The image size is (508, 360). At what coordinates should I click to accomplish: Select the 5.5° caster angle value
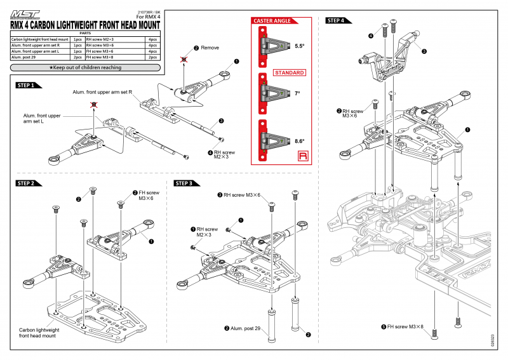click(300, 46)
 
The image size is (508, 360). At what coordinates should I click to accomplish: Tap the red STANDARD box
click(290, 73)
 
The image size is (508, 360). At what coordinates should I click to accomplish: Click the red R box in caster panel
click(301, 156)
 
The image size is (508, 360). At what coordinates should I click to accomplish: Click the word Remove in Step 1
click(210, 48)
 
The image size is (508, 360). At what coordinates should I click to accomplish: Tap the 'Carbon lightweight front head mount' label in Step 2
click(37, 333)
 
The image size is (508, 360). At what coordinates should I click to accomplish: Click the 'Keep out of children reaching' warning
click(86, 67)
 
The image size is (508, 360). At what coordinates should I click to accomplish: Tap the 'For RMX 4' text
click(149, 17)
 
